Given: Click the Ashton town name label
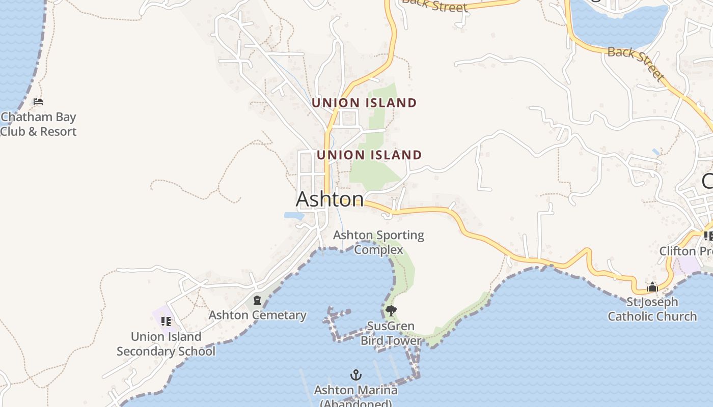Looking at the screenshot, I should point(330,199).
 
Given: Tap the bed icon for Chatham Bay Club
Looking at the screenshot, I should point(38,102).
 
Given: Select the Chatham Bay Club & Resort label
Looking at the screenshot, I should point(38,124).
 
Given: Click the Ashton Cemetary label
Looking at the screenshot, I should point(257,315).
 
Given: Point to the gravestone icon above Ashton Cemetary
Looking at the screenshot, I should point(257,300).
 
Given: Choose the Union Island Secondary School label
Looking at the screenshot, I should point(166,344).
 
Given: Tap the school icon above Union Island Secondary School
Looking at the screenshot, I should point(166,322).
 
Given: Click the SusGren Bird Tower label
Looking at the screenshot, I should point(391,333).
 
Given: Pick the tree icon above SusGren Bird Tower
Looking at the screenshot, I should point(391,310).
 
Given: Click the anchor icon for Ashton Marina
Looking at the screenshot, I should point(356,375).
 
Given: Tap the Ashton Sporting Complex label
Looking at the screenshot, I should point(378,242).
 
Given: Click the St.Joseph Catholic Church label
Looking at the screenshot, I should point(652,309).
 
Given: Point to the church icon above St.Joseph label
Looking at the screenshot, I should point(652,287).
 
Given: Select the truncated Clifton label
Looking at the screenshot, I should point(685,251).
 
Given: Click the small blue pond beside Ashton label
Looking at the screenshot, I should point(294,216).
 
